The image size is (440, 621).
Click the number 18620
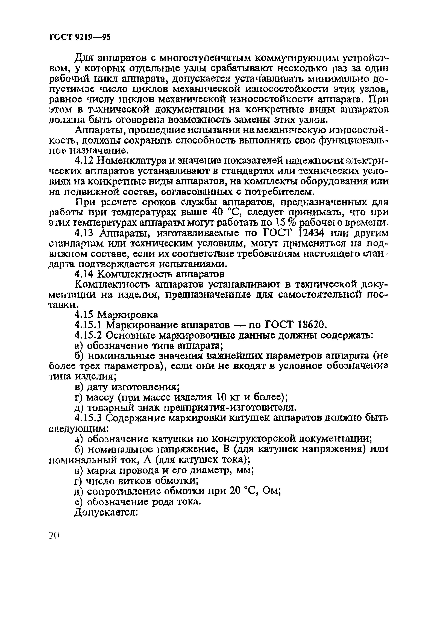(310, 324)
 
